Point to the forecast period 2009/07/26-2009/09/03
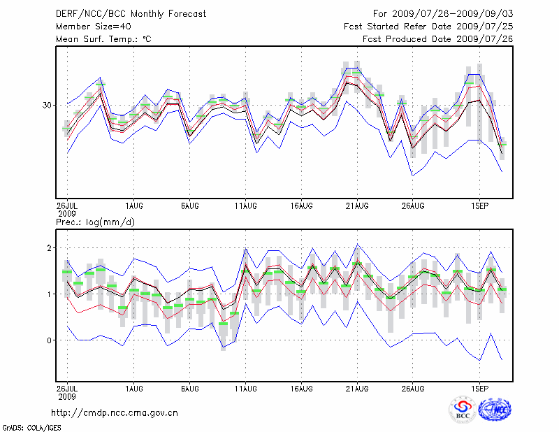point(443,13)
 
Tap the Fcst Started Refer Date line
point(428,26)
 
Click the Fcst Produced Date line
point(437,39)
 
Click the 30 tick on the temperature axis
point(47,105)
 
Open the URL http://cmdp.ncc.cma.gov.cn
point(115,412)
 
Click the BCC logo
point(463,411)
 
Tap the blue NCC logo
point(495,411)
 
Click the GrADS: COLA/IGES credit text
point(25,426)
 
